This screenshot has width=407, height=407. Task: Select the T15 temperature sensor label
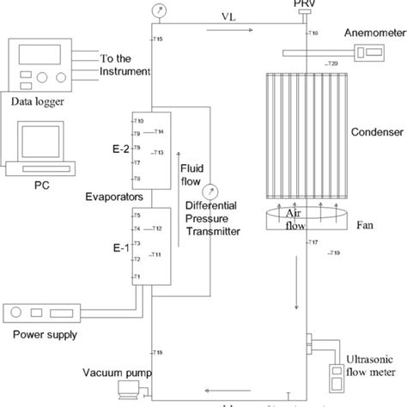pyautogui.click(x=155, y=39)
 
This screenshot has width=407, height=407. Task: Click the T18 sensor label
pyautogui.click(x=157, y=353)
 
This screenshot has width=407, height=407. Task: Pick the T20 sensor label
pyautogui.click(x=332, y=64)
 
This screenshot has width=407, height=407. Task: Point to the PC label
pyautogui.click(x=40, y=183)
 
